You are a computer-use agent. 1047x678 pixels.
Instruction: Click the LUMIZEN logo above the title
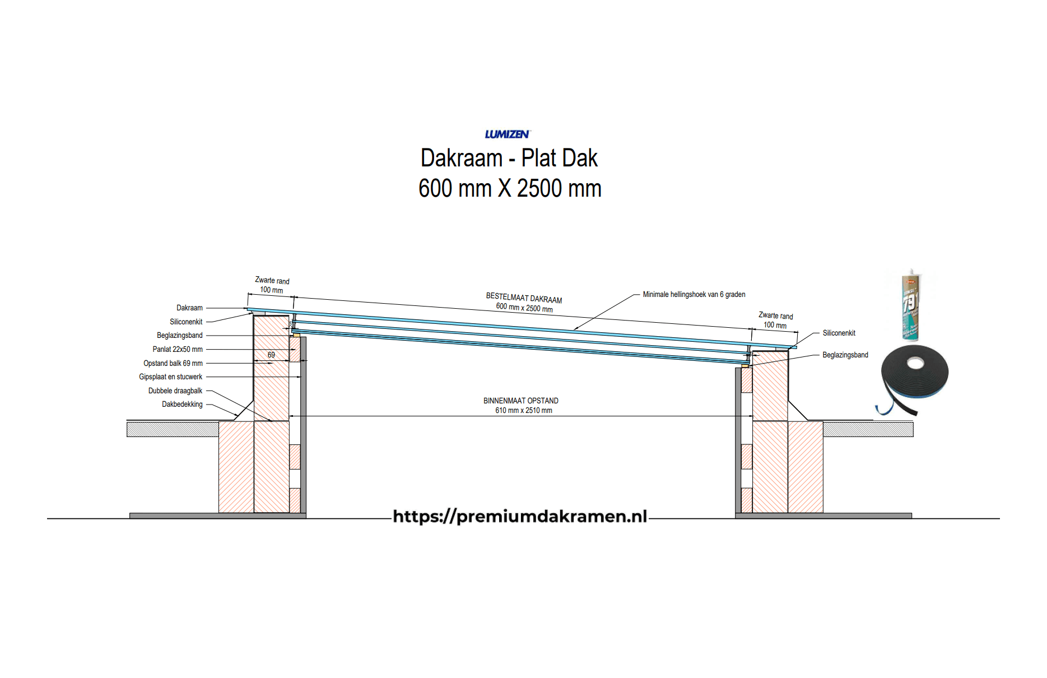[x=507, y=134]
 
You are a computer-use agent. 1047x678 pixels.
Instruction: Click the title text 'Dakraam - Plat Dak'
[x=509, y=158]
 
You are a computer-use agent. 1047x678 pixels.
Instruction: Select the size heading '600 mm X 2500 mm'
[x=510, y=188]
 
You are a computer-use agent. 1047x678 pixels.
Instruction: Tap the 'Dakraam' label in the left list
[x=189, y=308]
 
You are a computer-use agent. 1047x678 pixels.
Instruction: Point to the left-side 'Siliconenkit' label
[x=186, y=322]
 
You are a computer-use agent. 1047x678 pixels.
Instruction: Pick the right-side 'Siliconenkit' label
[x=839, y=333]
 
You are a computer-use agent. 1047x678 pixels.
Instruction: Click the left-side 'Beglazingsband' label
[x=179, y=335]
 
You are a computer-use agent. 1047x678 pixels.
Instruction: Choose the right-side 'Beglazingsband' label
[x=845, y=355]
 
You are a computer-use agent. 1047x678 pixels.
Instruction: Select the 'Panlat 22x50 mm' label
[x=177, y=349]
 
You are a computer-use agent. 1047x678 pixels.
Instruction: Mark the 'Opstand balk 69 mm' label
[x=173, y=363]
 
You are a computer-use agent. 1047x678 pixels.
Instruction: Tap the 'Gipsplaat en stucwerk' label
[x=170, y=377]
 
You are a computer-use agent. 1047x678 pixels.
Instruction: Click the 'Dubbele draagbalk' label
[x=175, y=391]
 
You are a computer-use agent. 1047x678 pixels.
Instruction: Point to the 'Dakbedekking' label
[x=182, y=404]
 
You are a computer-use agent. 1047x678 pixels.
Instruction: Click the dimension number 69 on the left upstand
[x=271, y=355]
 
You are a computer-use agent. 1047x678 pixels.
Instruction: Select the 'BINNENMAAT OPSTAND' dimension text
[x=520, y=401]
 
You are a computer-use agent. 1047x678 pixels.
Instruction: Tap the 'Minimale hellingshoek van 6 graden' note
[x=694, y=294]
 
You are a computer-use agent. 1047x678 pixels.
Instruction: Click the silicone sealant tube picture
[x=911, y=305]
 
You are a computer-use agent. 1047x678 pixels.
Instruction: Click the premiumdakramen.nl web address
[x=520, y=516]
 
